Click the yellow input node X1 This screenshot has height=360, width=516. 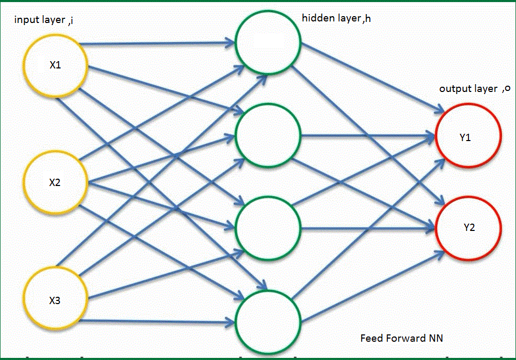coord(55,66)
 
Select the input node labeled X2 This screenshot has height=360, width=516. coord(55,182)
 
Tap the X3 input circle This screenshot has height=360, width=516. coord(55,300)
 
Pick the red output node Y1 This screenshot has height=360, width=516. coord(469,137)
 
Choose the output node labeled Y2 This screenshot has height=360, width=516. coord(469,228)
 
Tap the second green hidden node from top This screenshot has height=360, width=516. coord(268,135)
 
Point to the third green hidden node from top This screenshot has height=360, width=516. coord(268,227)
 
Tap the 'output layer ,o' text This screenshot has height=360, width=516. coord(474,88)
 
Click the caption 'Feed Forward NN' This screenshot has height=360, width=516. coord(402,338)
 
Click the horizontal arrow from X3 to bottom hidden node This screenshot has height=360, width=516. coord(157,320)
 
